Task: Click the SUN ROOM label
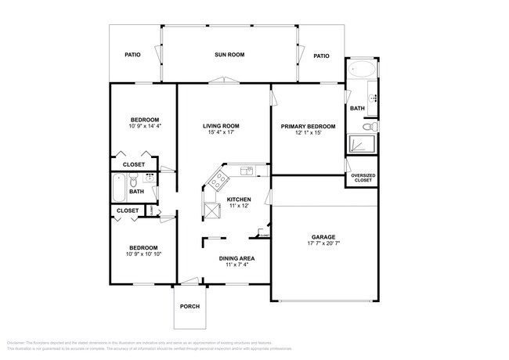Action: (x=230, y=56)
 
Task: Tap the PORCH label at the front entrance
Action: (x=190, y=306)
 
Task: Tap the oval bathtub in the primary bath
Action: (x=362, y=70)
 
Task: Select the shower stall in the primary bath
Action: (x=362, y=143)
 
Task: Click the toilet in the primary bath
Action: (x=373, y=126)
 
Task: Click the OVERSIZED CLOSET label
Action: (x=363, y=178)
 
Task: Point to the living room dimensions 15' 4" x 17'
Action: (x=222, y=132)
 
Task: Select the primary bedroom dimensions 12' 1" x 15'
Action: (x=309, y=133)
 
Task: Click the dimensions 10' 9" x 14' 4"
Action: (x=144, y=126)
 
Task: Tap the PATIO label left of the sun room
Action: (x=133, y=56)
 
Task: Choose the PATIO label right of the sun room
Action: (x=321, y=56)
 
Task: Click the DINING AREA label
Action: (x=236, y=257)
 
